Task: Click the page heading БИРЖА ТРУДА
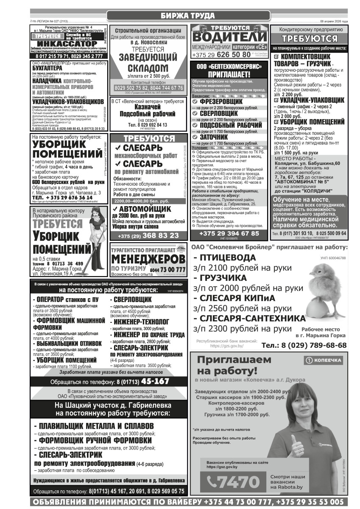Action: tap(188, 16)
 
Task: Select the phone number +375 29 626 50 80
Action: tap(221, 55)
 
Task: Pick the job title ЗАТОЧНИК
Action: tap(214, 137)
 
